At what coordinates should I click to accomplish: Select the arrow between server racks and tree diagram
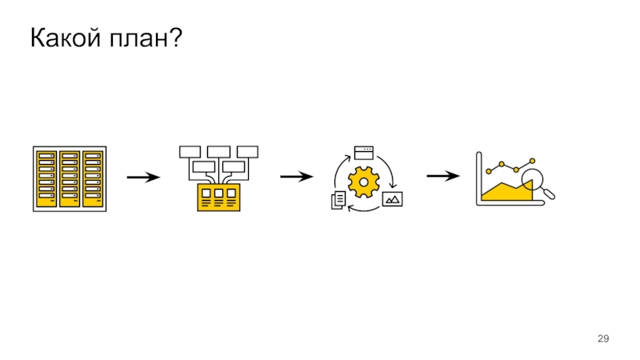(143, 177)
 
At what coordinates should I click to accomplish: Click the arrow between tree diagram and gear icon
(295, 177)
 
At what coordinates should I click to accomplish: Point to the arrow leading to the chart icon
(442, 177)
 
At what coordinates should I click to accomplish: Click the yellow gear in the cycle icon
(365, 183)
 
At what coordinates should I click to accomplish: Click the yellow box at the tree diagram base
(218, 198)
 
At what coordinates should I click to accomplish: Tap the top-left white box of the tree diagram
(190, 151)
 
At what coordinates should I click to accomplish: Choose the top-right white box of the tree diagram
(248, 151)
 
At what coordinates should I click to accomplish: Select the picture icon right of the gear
(392, 199)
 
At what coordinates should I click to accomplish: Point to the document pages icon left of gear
(338, 200)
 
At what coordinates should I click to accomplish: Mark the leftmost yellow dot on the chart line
(489, 170)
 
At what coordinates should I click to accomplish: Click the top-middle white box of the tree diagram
(218, 151)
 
